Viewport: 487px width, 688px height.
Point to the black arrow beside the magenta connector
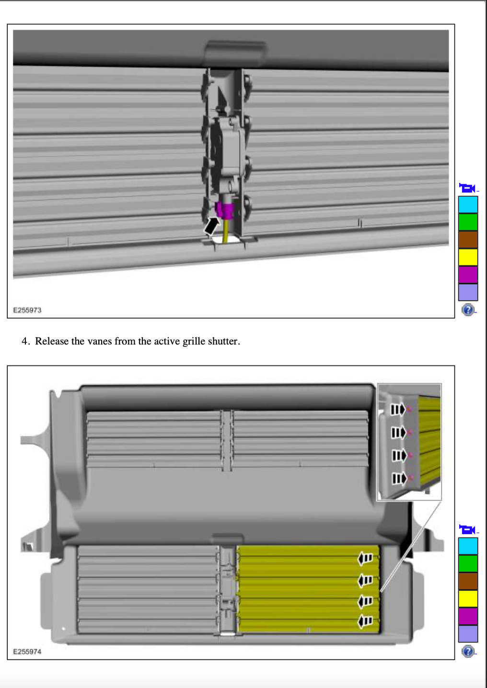[x=212, y=226]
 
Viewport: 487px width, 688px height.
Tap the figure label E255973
[x=27, y=310]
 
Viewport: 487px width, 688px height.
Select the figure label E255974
[x=27, y=652]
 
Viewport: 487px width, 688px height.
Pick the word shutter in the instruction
[x=224, y=341]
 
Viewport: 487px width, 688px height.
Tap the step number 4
[x=25, y=341]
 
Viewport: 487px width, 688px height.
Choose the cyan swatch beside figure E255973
[x=468, y=205]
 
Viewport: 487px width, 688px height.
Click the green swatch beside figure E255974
[x=468, y=563]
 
